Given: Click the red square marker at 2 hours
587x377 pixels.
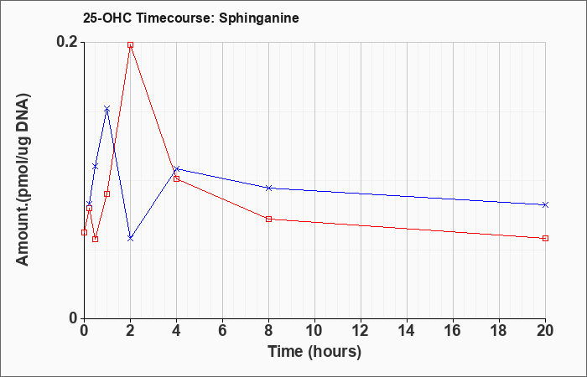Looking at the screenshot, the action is pos(130,45).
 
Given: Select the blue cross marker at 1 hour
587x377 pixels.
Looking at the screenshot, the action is pos(107,109).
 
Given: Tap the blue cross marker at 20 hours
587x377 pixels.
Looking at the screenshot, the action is pos(545,205).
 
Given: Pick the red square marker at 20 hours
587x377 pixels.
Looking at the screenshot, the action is pos(545,238).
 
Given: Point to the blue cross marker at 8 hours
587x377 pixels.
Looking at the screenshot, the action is pos(269,188).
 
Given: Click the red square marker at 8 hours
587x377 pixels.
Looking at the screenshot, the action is pos(269,219).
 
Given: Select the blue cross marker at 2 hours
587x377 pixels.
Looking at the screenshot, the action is pos(130,238).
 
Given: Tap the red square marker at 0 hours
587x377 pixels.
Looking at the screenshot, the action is pos(84,232).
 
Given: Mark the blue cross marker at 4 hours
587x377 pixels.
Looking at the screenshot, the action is pos(177,168).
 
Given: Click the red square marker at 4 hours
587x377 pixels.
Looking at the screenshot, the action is pos(177,178).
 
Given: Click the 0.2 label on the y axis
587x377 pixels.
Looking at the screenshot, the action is pos(67,42).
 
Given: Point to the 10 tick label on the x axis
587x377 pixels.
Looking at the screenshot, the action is pos(314,331).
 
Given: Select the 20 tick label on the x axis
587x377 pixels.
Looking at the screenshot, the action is pos(545,331).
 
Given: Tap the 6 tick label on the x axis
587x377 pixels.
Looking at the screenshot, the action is pos(223,331).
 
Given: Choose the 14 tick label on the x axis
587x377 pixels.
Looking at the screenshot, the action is pos(407,331).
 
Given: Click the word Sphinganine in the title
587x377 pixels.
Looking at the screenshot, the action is pos(259,18).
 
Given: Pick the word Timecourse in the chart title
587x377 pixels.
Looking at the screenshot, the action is pos(175,18).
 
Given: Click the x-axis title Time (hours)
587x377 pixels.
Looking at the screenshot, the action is pos(314,352).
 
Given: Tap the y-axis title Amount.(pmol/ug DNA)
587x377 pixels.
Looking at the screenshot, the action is pos(23,179).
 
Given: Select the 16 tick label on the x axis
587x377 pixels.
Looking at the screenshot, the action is pos(453,331).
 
